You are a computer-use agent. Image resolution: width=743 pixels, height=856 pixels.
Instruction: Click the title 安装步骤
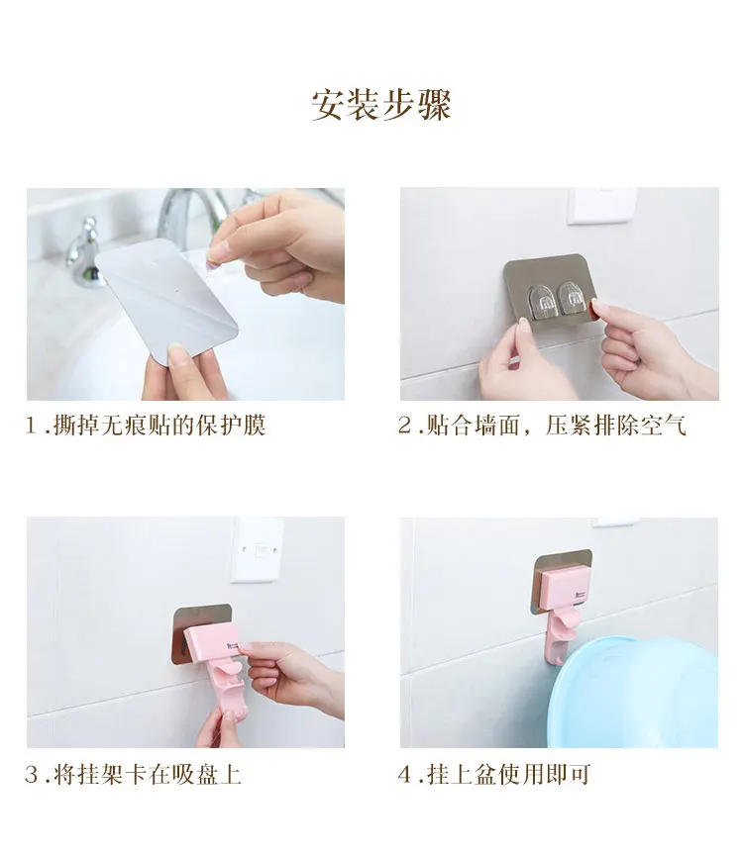(x=380, y=105)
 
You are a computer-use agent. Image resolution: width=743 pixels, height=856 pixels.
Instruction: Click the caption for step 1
(x=146, y=426)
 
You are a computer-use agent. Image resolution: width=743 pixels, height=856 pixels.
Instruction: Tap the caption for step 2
(x=542, y=426)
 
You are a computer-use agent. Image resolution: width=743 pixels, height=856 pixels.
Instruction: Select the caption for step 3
(x=133, y=775)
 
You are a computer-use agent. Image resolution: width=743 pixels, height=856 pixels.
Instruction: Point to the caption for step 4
(x=494, y=775)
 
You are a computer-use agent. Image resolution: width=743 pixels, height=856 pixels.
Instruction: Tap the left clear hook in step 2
(x=543, y=300)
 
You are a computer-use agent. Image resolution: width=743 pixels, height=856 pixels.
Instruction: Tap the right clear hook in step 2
(x=573, y=299)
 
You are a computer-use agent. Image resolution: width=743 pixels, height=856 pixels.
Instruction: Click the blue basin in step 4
(x=633, y=694)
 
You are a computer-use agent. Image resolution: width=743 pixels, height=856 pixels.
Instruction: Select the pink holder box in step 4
(x=564, y=588)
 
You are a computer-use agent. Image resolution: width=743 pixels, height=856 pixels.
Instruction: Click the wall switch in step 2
(x=601, y=206)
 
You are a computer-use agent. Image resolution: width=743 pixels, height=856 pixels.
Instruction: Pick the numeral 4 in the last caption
(x=405, y=775)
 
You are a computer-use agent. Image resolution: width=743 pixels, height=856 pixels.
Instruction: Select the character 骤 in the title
(x=434, y=105)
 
